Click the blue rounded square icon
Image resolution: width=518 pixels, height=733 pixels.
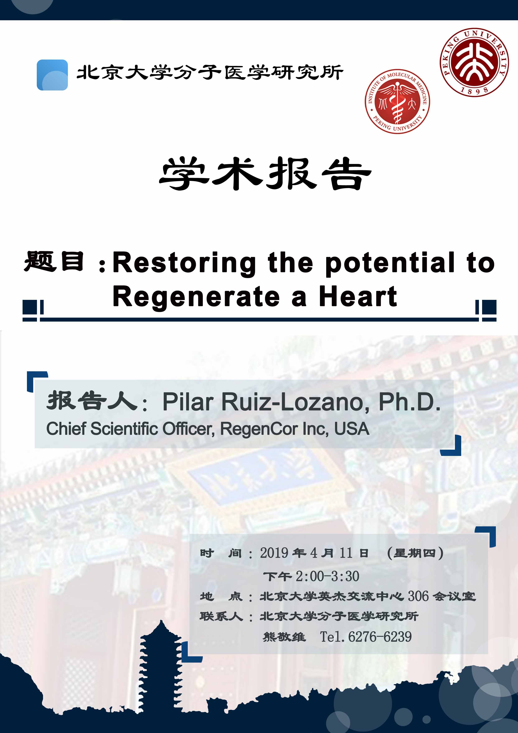[x=52, y=75]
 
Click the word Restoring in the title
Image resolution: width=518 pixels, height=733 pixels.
[x=184, y=263]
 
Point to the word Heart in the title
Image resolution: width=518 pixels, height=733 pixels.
[x=358, y=296]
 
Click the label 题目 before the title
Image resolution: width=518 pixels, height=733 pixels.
[x=54, y=261]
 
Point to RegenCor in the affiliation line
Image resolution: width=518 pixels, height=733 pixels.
[x=259, y=429]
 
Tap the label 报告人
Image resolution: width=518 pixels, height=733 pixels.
[x=92, y=401]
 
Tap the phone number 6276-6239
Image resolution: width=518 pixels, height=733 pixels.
[x=380, y=637]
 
